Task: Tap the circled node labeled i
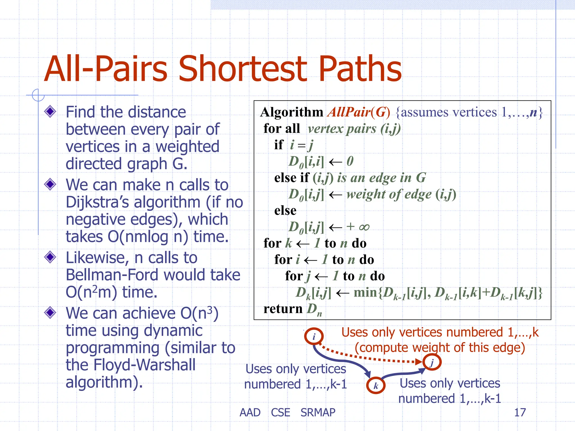coord(314,336)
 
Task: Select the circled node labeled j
coord(432,362)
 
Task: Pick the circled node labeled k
coord(376,386)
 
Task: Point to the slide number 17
coord(520,412)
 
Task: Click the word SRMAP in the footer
coord(318,412)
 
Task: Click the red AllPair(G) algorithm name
coord(359,112)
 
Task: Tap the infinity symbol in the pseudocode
coord(364,227)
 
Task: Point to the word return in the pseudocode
coord(283,309)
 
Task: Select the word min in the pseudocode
coord(366,292)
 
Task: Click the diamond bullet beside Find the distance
coord(50,112)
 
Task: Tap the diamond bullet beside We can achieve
coord(50,313)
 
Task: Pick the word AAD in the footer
coord(250,412)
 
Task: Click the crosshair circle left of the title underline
coord(38,95)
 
